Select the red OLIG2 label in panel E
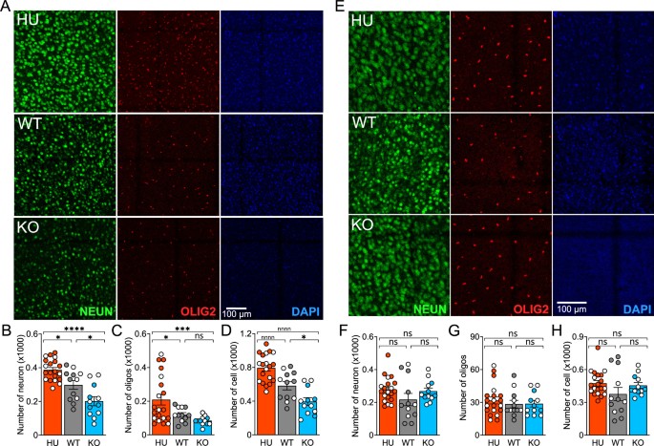point(505,311)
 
